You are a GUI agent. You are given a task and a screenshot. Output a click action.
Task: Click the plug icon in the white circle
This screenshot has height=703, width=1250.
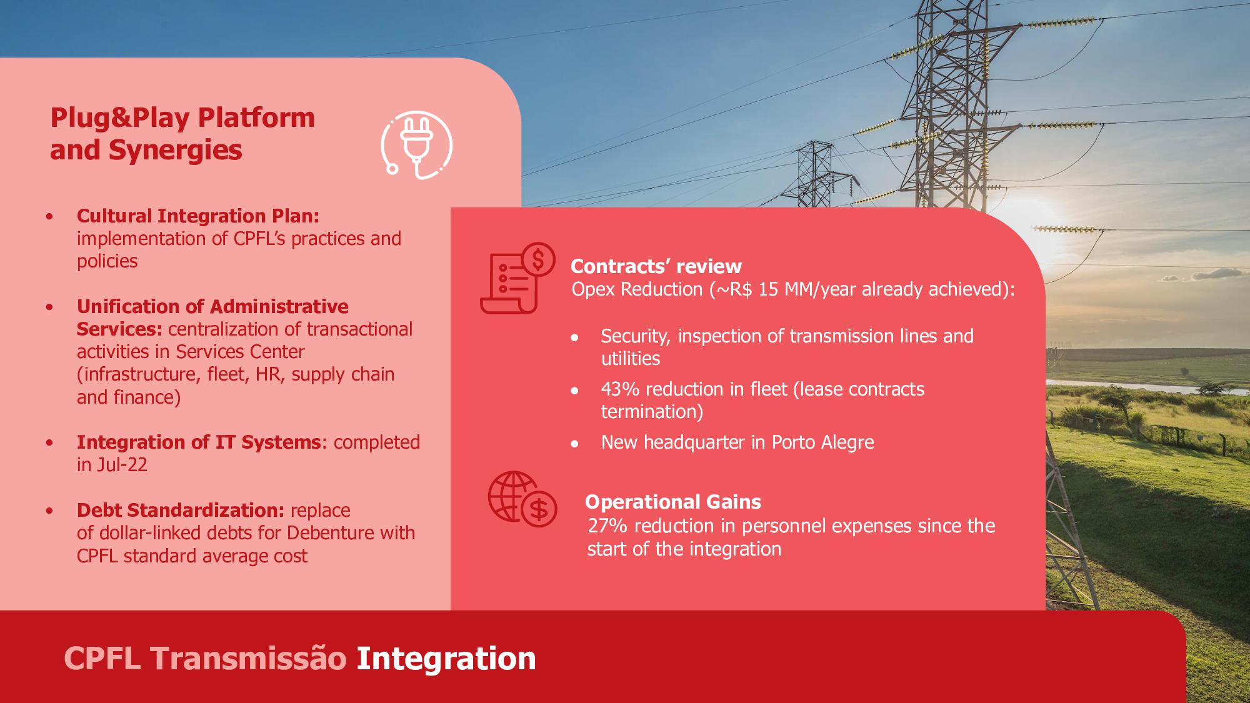(x=416, y=145)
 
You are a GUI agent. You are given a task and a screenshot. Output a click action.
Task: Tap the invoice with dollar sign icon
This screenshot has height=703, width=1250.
(x=517, y=278)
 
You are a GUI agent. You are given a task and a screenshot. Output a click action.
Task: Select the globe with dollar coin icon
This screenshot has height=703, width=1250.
(x=522, y=499)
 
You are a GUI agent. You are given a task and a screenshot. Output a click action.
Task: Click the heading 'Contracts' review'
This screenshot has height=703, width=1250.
(x=656, y=266)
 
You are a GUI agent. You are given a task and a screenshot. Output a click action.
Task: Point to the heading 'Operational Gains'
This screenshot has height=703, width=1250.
(x=673, y=502)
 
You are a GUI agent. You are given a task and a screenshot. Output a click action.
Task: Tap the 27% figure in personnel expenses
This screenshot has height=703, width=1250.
(x=607, y=526)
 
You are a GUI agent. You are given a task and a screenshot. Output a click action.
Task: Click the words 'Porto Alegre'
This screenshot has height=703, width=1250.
(x=822, y=442)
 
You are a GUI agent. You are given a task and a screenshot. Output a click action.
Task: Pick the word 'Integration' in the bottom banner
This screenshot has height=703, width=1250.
(x=446, y=658)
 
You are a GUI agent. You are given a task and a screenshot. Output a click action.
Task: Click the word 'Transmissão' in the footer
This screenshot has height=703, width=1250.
(x=248, y=658)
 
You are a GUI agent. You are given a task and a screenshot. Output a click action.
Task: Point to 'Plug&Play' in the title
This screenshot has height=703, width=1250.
(x=120, y=118)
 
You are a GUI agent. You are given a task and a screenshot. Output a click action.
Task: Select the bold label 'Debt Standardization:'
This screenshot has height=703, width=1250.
(x=181, y=510)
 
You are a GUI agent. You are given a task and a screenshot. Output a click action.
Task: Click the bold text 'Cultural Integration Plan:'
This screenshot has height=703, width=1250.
(x=198, y=216)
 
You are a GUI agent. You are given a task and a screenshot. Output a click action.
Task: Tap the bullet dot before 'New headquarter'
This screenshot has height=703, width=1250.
(x=574, y=444)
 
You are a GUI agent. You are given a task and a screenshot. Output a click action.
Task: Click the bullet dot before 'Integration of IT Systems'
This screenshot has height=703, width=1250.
(x=49, y=443)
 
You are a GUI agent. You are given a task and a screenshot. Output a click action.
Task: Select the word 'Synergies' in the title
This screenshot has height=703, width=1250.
(x=175, y=151)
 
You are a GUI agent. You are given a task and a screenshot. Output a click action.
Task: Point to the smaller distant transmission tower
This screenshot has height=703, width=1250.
(x=816, y=174)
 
